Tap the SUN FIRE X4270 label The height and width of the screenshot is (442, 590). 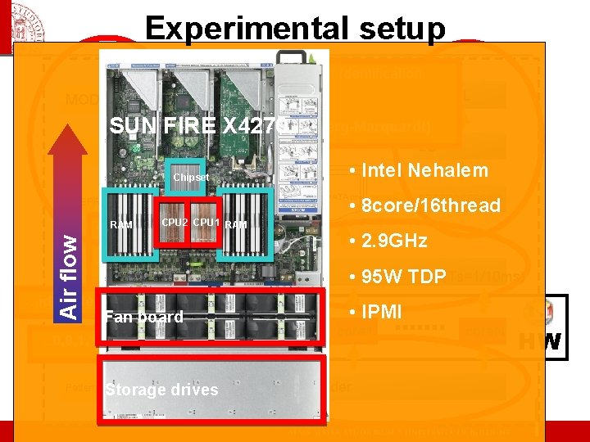point(197,127)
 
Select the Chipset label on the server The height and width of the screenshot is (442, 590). point(191,178)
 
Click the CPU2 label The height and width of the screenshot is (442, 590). point(175,223)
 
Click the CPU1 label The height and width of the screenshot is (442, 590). point(206,223)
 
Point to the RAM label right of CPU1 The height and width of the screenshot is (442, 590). point(236,225)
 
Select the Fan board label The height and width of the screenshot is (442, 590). point(143,317)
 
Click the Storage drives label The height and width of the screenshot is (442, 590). point(161,390)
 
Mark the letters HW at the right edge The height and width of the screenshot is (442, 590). point(542,342)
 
